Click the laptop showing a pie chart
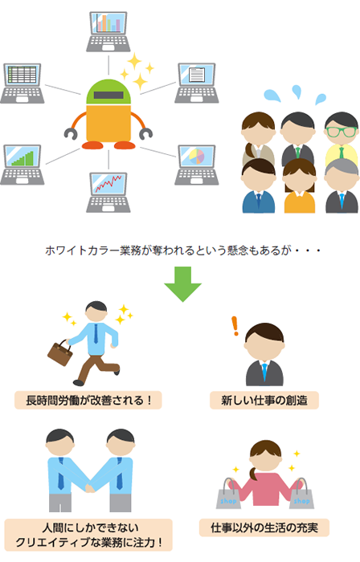point(197,165)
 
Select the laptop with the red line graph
point(108,192)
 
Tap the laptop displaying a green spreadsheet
point(22,83)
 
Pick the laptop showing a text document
point(197,83)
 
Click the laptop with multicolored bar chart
point(108,31)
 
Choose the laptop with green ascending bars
point(22,165)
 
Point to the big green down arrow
point(183,284)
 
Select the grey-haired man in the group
point(342,185)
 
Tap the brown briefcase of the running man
point(60,353)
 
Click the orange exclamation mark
point(235,326)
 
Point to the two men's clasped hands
point(90,488)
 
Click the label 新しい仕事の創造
point(264,400)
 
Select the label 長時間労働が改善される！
point(88,400)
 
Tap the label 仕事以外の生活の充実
point(264,527)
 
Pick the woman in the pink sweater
point(265,473)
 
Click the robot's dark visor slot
point(108,96)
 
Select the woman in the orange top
point(300,186)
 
